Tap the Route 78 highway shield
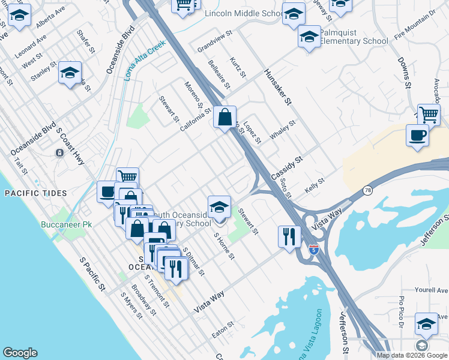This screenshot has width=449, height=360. (x=366, y=190)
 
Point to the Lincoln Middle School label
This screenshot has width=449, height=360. (x=243, y=13)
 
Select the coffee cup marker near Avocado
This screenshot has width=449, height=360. (x=417, y=135)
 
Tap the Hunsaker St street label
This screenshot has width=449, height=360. (x=277, y=87)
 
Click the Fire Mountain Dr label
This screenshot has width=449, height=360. (x=415, y=31)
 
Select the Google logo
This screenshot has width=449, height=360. (x=19, y=353)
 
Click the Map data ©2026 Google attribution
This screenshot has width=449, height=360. (x=412, y=355)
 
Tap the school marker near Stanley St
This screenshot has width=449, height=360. (x=70, y=73)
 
